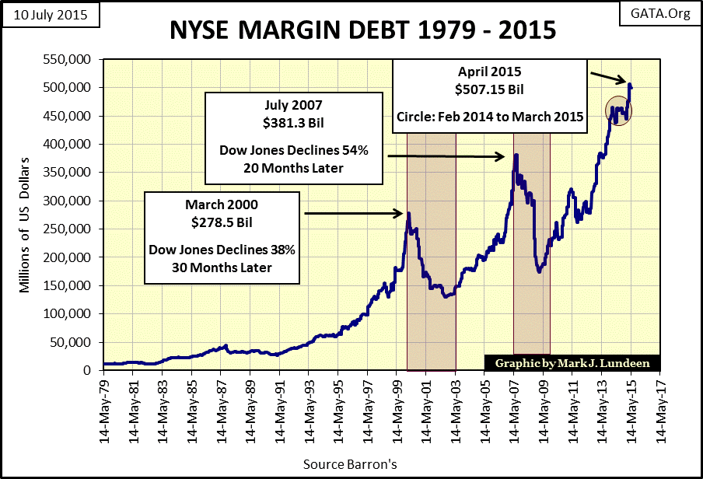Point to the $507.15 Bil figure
pos(490,89)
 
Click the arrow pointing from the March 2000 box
pos(353,212)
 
